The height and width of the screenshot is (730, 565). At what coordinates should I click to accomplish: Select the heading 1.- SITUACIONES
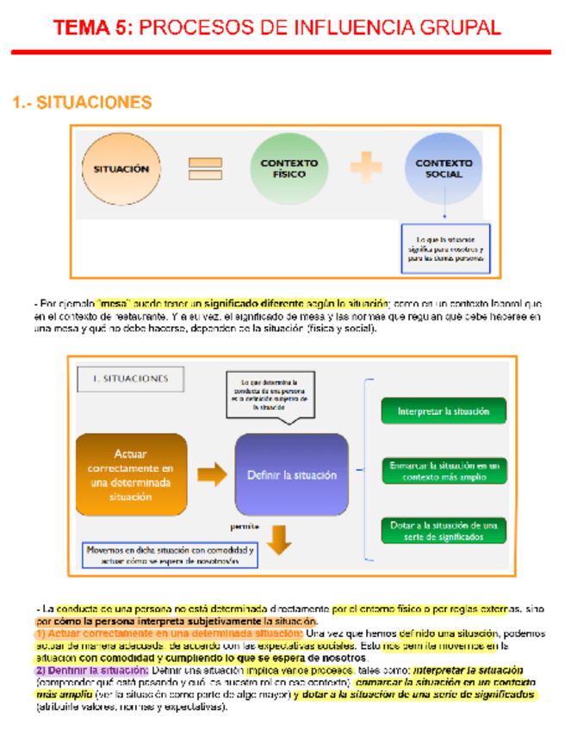[82, 102]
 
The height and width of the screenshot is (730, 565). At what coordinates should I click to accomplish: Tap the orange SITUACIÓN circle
[121, 170]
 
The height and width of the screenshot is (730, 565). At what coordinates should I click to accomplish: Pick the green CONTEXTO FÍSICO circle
[289, 168]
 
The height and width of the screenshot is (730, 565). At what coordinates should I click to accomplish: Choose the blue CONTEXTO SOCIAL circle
[444, 168]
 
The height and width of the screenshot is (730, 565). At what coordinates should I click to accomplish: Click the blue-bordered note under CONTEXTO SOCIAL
[445, 249]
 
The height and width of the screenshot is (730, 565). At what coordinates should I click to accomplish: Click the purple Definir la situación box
[292, 473]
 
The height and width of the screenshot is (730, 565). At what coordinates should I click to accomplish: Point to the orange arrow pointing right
[211, 473]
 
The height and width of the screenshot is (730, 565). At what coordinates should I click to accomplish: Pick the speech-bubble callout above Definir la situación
[269, 395]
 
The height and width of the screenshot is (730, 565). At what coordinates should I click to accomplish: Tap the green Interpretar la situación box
[443, 411]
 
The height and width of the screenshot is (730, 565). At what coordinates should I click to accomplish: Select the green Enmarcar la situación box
[443, 470]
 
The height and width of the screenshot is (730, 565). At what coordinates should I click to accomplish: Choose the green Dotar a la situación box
[443, 529]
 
